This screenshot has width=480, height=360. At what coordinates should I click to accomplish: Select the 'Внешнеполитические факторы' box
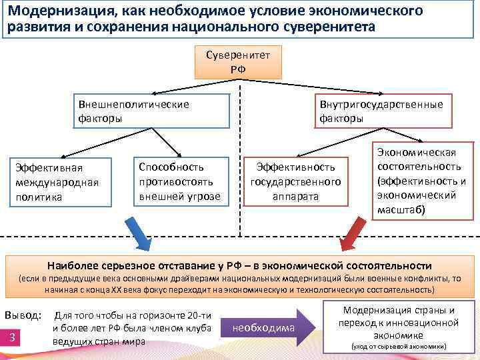[151, 111]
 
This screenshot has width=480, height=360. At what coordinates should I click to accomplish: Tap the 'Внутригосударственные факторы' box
[381, 111]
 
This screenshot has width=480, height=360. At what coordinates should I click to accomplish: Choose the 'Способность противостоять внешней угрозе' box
[179, 181]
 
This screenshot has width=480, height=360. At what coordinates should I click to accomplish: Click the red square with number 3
[13, 339]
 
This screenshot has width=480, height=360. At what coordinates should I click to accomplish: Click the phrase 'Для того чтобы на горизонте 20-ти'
[133, 315]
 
